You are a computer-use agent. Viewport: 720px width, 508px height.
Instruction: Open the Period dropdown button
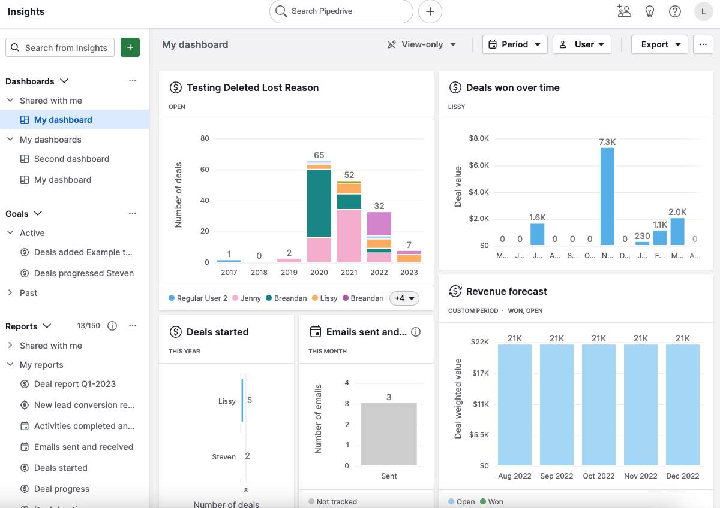click(x=515, y=44)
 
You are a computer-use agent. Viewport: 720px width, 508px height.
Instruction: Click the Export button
click(x=659, y=44)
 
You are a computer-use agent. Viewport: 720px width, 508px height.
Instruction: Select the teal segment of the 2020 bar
click(x=319, y=204)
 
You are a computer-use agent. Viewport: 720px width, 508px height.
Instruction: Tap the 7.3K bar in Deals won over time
click(x=607, y=196)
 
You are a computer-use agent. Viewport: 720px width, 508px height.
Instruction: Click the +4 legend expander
click(x=404, y=298)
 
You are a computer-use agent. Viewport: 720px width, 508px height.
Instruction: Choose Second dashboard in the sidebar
click(x=71, y=159)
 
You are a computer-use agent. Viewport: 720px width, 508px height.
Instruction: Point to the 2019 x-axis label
click(x=289, y=272)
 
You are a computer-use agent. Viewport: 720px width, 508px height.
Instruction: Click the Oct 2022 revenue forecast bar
click(x=599, y=404)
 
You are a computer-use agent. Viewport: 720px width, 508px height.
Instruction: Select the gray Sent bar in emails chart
click(x=389, y=434)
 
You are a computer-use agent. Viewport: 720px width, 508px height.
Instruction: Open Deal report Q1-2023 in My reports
click(x=75, y=384)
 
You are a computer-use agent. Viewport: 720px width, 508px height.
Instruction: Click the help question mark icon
click(x=675, y=11)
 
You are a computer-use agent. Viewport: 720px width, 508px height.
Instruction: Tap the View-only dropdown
click(x=422, y=44)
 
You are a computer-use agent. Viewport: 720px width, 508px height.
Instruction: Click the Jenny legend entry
click(x=246, y=298)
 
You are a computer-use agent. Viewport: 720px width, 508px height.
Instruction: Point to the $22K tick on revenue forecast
click(x=480, y=342)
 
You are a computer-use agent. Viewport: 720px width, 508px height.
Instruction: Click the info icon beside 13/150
click(x=112, y=326)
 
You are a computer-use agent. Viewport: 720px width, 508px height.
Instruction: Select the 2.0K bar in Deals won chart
click(x=677, y=231)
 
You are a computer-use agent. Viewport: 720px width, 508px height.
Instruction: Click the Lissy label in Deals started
click(x=227, y=401)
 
